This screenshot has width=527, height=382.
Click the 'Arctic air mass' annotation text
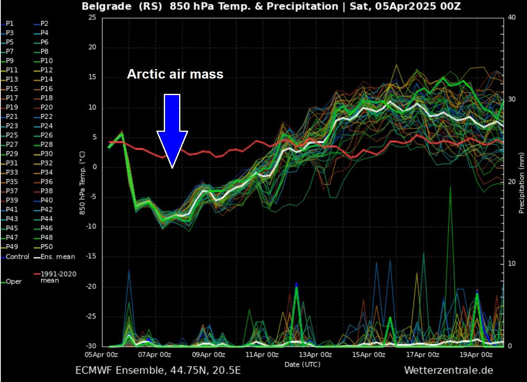point(175,74)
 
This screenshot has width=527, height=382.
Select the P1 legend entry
point(9,24)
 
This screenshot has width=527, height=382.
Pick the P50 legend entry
point(46,247)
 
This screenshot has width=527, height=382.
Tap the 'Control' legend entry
point(17,257)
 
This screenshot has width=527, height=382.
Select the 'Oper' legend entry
point(14,282)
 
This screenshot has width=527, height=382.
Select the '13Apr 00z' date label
point(315,355)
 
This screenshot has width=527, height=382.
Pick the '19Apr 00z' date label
point(477,355)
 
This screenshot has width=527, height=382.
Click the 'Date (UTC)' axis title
point(302,364)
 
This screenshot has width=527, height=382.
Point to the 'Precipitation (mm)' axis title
point(522,182)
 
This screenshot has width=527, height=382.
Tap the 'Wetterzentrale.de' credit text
point(448,370)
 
